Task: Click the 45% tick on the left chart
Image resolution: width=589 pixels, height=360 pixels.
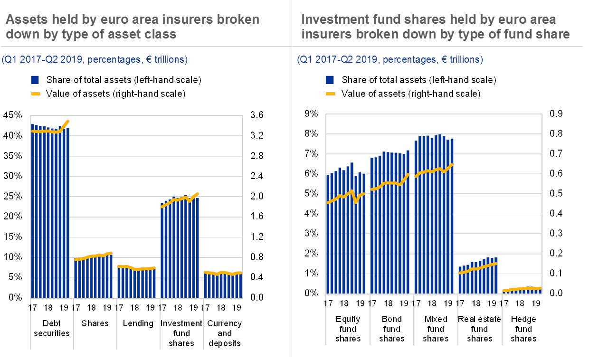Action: click(x=12, y=115)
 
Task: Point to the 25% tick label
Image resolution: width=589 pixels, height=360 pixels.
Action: click(x=12, y=196)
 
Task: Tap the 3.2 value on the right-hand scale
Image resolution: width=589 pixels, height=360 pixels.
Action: click(x=257, y=135)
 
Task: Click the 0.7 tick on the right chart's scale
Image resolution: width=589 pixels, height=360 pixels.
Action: click(x=556, y=153)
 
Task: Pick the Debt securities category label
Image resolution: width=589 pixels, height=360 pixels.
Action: click(x=51, y=328)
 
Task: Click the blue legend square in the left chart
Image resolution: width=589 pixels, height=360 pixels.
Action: click(x=35, y=80)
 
